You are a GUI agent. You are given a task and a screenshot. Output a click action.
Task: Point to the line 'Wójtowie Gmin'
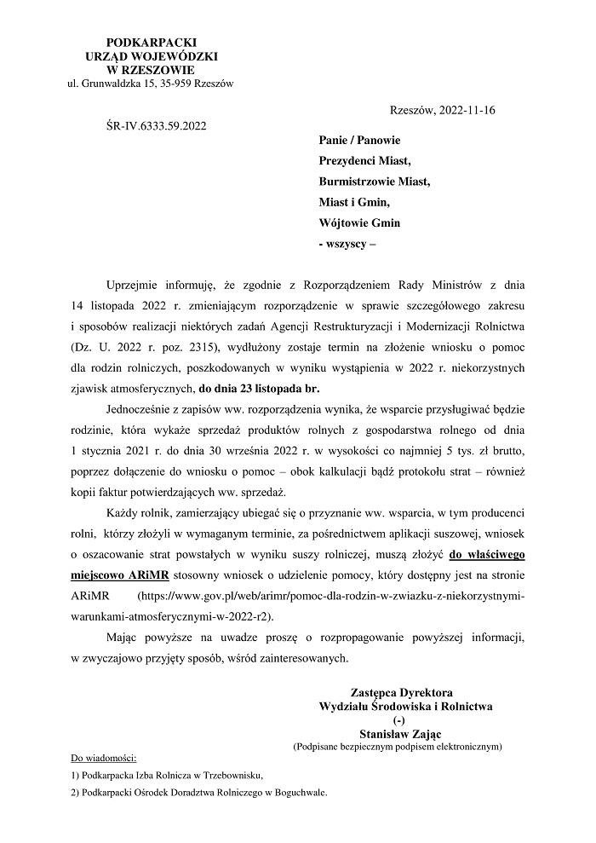[359, 222]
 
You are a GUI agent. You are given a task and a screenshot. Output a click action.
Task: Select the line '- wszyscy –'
[346, 244]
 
